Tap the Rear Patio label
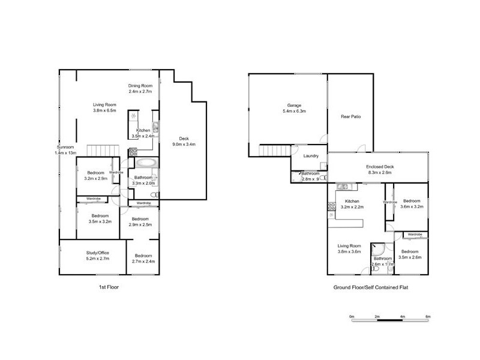(350, 116)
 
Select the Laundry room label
(311, 156)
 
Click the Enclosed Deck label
(379, 167)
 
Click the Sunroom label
(65, 147)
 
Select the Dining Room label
(140, 85)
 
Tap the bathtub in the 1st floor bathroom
(146, 163)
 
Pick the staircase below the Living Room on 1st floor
(100, 150)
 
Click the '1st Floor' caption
(109, 287)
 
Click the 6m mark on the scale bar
(428, 316)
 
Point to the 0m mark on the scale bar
(352, 316)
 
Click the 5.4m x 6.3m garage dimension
(294, 111)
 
